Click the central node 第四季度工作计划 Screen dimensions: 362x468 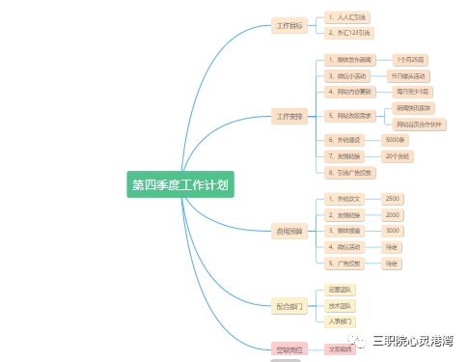pyautogui.click(x=180, y=184)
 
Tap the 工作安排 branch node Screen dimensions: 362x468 pyautogui.click(x=290, y=116)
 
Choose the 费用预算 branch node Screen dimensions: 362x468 pyautogui.click(x=290, y=232)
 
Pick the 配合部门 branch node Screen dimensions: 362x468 pyautogui.click(x=290, y=306)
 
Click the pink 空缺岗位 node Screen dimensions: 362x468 pyautogui.click(x=290, y=349)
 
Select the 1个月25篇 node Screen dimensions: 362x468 pyautogui.click(x=410, y=60)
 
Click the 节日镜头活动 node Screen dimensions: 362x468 pyautogui.click(x=408, y=75)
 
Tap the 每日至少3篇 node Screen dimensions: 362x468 pyautogui.click(x=412, y=92)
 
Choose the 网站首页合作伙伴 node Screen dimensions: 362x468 pyautogui.click(x=421, y=125)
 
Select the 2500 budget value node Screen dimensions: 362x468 pyautogui.click(x=392, y=198)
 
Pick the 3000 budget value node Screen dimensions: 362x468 pyautogui.click(x=392, y=231)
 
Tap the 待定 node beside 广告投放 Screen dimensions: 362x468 pyautogui.click(x=391, y=263)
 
